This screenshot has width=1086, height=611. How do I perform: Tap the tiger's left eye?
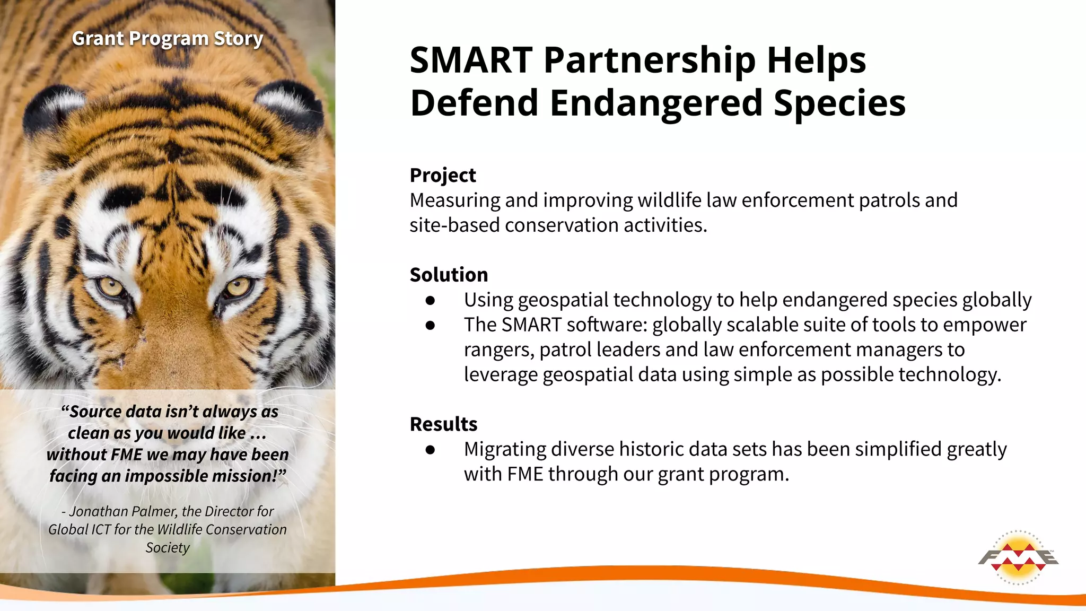111,288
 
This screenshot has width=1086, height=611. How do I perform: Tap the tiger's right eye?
238,288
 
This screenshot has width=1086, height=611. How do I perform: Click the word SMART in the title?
471,60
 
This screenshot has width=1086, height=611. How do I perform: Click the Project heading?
443,175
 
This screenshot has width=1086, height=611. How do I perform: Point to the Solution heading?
449,275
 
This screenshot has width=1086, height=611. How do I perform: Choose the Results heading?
443,424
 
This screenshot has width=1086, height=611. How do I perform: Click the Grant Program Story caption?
168,39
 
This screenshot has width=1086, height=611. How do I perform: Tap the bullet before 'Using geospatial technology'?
430,301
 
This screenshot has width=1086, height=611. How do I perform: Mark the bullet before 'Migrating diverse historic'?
430,450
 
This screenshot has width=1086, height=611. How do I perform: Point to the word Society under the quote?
168,547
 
